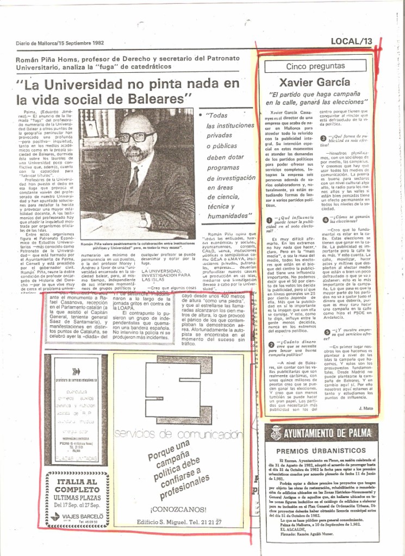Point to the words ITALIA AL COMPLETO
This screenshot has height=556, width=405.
click(x=77, y=485)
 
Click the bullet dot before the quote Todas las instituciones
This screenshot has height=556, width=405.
click(x=201, y=115)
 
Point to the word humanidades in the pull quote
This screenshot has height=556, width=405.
click(x=228, y=216)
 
